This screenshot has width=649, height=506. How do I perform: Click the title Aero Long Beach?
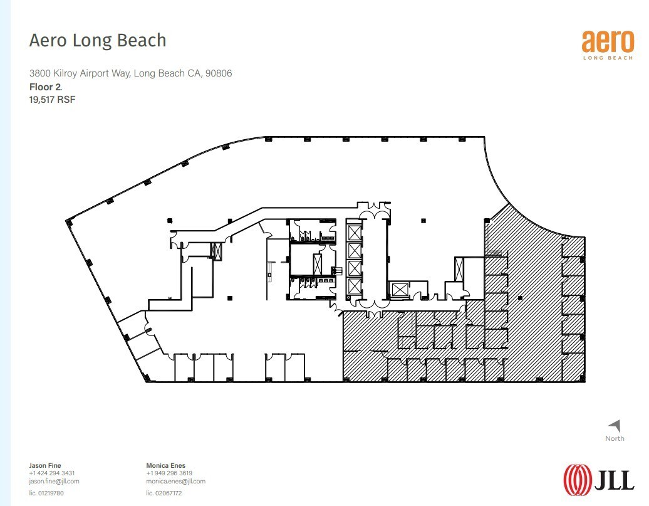tap(98, 41)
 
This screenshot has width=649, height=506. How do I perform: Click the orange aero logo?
tap(608, 42)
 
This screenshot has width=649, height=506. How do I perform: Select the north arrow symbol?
tap(615, 426)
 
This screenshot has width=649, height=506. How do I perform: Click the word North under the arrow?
tap(615, 438)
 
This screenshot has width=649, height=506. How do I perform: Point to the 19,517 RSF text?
tap(53, 99)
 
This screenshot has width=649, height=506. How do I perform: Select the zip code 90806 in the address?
tap(219, 73)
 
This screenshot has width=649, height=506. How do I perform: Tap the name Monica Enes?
tap(165, 465)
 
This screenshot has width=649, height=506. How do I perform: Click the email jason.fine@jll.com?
tap(55, 481)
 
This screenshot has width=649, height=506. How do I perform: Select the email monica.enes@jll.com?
tap(175, 481)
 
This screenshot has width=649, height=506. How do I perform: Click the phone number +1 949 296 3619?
tap(169, 473)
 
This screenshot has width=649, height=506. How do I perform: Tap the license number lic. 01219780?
tap(46, 493)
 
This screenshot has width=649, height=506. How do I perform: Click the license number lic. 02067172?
tap(164, 493)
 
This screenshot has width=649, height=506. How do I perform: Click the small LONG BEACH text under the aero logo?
tap(608, 59)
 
